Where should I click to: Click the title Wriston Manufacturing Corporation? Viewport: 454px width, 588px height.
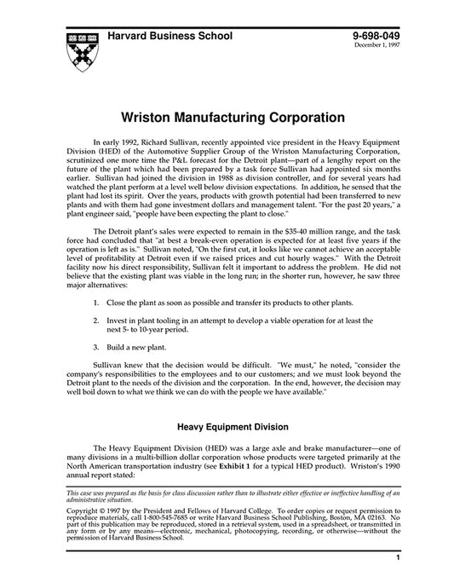point(227,114)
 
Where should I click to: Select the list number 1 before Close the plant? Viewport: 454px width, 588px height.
point(95,303)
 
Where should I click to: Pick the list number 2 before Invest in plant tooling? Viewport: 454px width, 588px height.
point(95,319)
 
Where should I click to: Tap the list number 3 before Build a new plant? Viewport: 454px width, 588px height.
point(95,347)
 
